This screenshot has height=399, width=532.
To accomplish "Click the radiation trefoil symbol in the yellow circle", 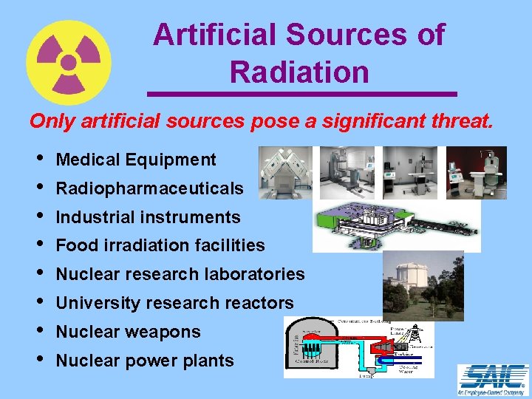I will click(x=69, y=63).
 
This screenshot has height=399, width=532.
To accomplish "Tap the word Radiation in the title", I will click(x=299, y=72).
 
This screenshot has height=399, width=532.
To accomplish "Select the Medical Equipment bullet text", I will click(x=136, y=160).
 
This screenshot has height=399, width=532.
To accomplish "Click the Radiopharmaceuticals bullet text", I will click(x=149, y=188).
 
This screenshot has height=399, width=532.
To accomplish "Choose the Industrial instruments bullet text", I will click(x=148, y=217).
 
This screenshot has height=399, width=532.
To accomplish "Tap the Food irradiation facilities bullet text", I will click(x=160, y=245).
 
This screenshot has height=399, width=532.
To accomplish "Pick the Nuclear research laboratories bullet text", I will click(x=180, y=274).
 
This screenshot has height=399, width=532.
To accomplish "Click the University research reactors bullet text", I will click(x=174, y=303).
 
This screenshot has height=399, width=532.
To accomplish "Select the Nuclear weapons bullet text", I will click(x=128, y=332).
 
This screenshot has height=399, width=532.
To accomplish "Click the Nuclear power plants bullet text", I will click(x=145, y=361).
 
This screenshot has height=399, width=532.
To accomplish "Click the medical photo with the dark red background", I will click(x=477, y=172).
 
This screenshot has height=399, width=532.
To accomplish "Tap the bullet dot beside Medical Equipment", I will click(x=38, y=160).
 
